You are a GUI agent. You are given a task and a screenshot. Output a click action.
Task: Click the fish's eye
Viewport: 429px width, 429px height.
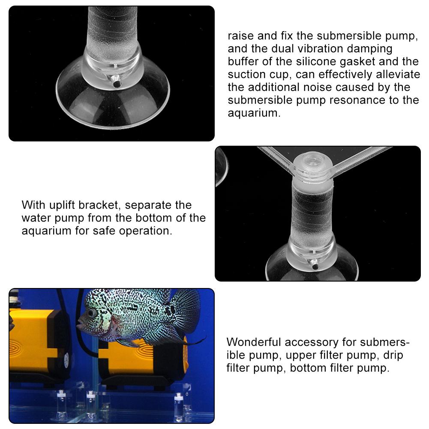91,314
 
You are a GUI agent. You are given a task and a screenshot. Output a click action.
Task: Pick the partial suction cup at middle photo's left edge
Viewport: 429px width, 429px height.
221,167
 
